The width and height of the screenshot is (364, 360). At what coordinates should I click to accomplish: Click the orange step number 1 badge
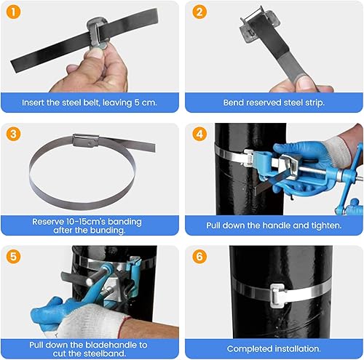click(x=13, y=12)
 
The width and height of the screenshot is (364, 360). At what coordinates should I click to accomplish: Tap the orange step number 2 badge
click(x=199, y=12)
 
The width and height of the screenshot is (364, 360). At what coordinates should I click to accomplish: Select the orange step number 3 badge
click(x=13, y=134)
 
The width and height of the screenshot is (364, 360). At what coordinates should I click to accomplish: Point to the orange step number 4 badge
click(x=199, y=134)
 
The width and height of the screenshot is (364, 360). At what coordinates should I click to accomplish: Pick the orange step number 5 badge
click(x=13, y=257)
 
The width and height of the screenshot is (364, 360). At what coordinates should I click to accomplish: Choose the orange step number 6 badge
click(x=199, y=257)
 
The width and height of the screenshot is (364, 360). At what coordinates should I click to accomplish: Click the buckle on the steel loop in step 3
click(x=86, y=140)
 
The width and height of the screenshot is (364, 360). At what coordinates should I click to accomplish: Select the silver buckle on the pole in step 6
click(x=277, y=295)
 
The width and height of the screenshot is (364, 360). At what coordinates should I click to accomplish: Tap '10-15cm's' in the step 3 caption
click(x=86, y=222)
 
